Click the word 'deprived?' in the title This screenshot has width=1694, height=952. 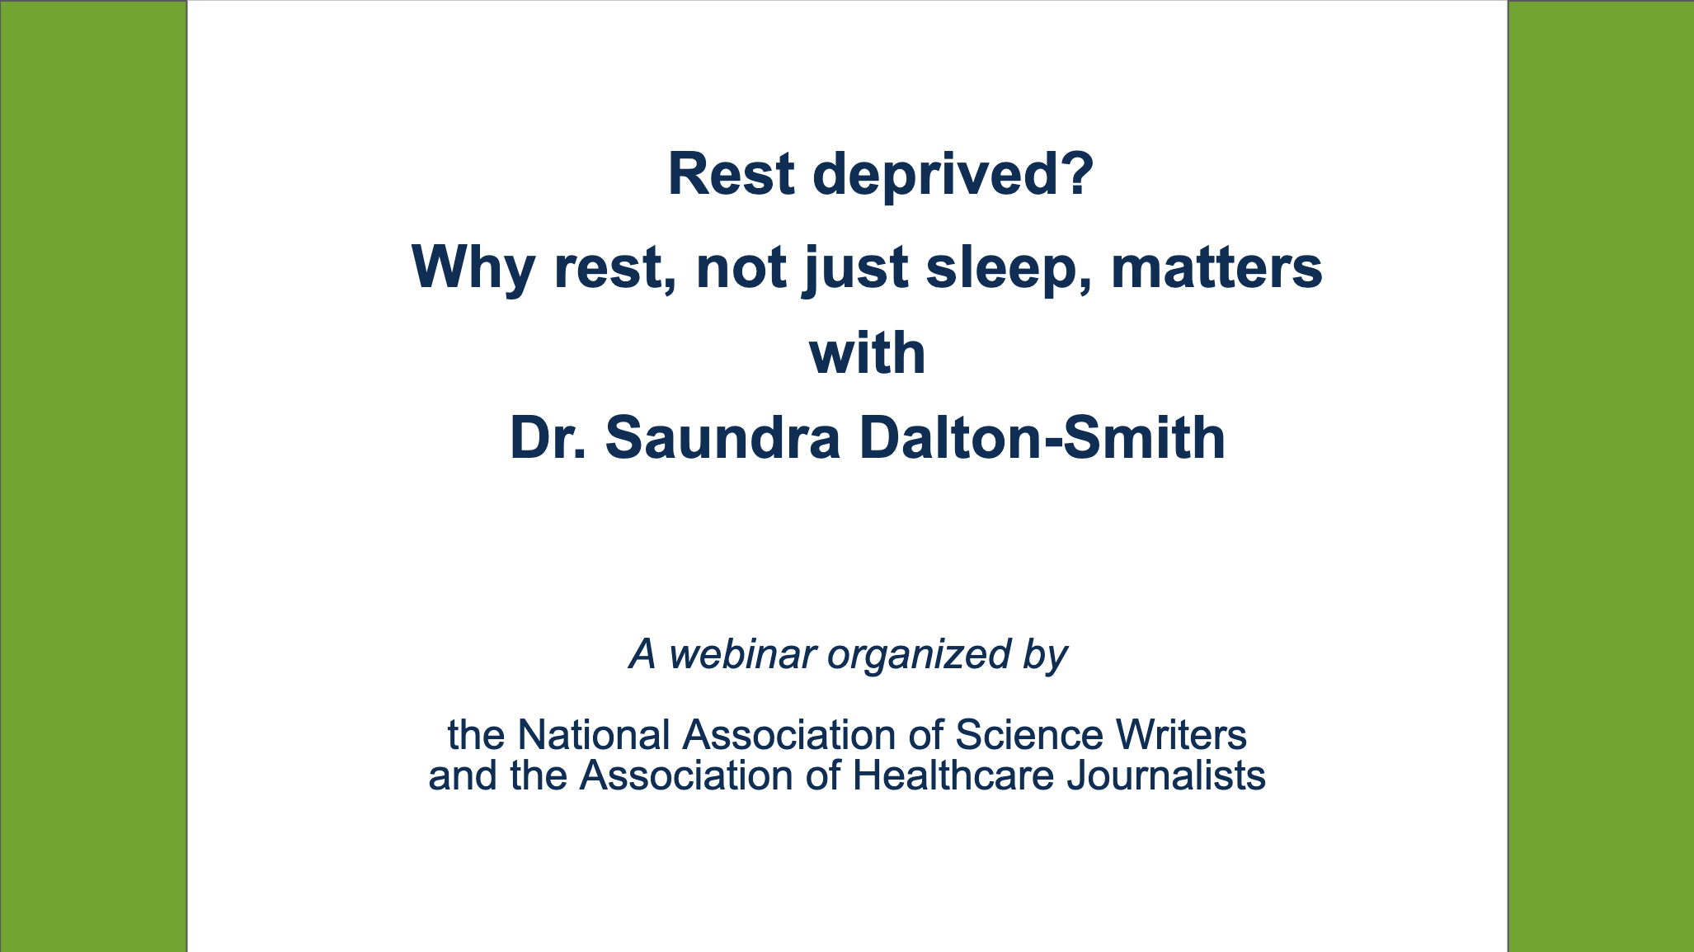[953, 176]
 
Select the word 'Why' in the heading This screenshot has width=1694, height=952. [473, 268]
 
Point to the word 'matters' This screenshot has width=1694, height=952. [1216, 268]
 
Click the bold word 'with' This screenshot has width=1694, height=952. [867, 353]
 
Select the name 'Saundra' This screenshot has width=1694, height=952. [722, 438]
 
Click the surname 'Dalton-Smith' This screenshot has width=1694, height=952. [1042, 438]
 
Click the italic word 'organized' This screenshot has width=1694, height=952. [919, 654]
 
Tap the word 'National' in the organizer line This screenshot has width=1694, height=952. [593, 735]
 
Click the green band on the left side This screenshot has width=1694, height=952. [93, 476]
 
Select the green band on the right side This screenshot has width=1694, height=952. [1601, 476]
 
